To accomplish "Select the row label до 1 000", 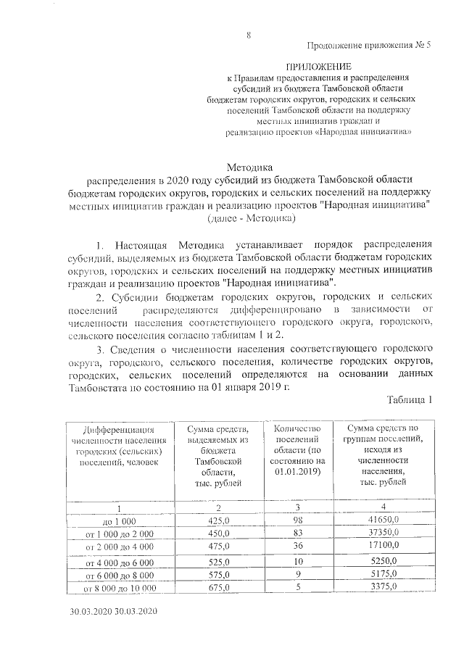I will [120, 520].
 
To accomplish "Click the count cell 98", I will [297, 520].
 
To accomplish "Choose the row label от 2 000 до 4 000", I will [120, 547].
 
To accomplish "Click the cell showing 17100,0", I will [383, 547].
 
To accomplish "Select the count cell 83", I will [297, 533].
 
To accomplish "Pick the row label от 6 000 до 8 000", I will [120, 575].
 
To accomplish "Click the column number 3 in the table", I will [297, 507].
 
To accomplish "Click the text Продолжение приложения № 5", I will [369, 46].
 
